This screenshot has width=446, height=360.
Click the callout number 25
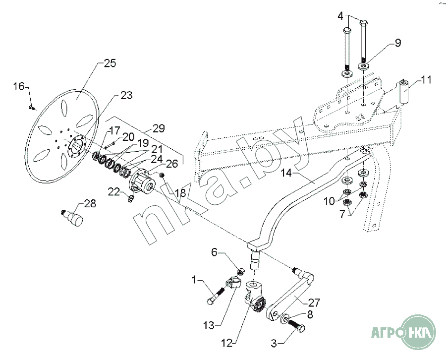110,63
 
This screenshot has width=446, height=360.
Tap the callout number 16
19,86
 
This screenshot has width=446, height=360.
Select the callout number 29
159,128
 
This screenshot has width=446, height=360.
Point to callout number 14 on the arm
287,173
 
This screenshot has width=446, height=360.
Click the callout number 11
426,80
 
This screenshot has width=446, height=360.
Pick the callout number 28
90,203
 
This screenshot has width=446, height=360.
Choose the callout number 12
227,344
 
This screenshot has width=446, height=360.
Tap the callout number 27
314,302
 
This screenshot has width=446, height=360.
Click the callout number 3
274,344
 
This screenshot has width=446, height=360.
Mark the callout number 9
397,43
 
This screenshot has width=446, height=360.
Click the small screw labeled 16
31,108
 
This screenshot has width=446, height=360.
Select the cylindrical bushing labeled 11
404,92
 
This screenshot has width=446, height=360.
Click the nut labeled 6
240,272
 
